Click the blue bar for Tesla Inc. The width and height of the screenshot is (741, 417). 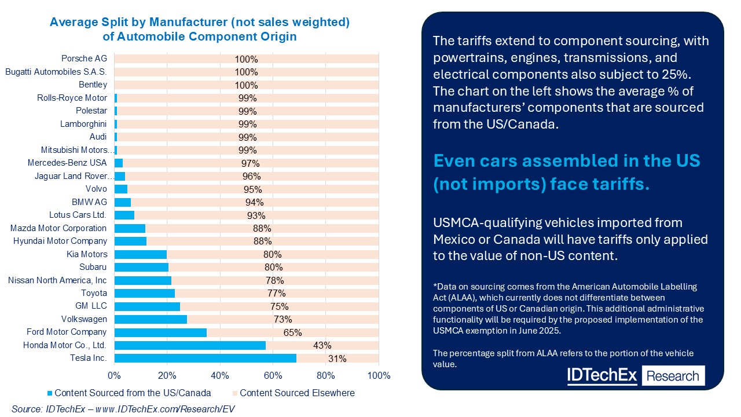pyautogui.click(x=205, y=359)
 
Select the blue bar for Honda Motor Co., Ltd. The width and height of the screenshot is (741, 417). pyautogui.click(x=190, y=345)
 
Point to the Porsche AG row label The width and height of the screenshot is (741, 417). pyautogui.click(x=84, y=58)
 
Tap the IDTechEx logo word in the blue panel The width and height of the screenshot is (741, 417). pyautogui.click(x=601, y=375)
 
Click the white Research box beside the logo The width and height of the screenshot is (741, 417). pyautogui.click(x=672, y=376)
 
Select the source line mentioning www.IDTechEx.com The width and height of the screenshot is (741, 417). pyautogui.click(x=123, y=409)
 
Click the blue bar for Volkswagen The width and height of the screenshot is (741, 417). pyautogui.click(x=151, y=319)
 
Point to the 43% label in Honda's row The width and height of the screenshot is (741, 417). pyautogui.click(x=322, y=346)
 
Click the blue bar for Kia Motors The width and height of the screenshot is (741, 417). pyautogui.click(x=140, y=254)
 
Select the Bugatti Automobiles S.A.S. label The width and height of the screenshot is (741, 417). pyautogui.click(x=56, y=72)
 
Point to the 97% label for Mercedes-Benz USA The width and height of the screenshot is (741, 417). pyautogui.click(x=251, y=163)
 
